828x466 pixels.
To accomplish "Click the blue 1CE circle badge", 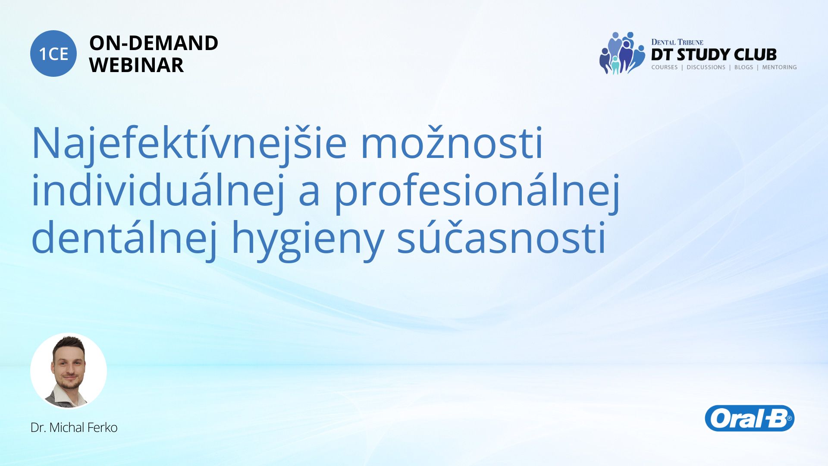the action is [x=53, y=54].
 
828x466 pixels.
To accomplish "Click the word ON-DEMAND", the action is [x=154, y=43].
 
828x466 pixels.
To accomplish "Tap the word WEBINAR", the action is [x=136, y=65].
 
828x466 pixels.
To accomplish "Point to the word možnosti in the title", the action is [x=452, y=142].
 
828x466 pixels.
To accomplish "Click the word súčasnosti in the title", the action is [x=502, y=237].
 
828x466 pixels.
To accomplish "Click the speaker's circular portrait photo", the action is [x=69, y=371].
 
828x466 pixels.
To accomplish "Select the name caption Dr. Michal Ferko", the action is [x=74, y=427].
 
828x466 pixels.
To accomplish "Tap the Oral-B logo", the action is [x=750, y=418].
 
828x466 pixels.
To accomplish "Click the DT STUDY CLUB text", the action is [x=714, y=54].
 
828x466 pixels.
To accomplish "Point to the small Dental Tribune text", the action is [x=677, y=42].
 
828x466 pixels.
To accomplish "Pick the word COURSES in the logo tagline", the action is [x=665, y=67].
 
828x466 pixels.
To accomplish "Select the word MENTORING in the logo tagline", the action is [x=779, y=67].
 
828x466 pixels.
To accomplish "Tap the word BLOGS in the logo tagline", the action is [x=743, y=67].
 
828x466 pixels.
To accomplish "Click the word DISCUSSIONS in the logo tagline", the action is [x=706, y=67].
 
